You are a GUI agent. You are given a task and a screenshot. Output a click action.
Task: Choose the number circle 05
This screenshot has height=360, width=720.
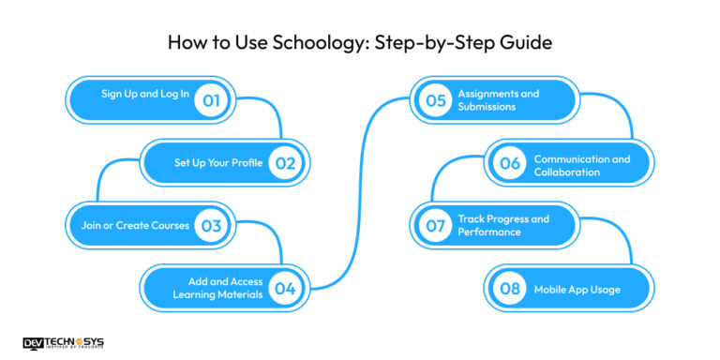coord(433,100)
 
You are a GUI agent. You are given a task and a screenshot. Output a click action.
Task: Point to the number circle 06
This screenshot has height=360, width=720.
coord(509,164)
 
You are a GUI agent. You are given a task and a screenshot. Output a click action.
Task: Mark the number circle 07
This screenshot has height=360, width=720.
coord(433,226)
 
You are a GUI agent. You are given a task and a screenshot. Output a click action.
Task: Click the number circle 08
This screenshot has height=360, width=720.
coord(509,289)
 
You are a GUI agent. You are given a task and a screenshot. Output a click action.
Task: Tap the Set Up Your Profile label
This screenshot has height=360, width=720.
coord(220,163)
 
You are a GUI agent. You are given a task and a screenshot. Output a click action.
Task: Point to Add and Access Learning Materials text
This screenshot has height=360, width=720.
coord(217,289)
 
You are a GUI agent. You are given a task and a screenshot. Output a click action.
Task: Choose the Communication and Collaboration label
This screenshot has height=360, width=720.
coord(581,165)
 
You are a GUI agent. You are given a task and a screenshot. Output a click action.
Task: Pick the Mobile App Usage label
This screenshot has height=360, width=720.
coord(577,289)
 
